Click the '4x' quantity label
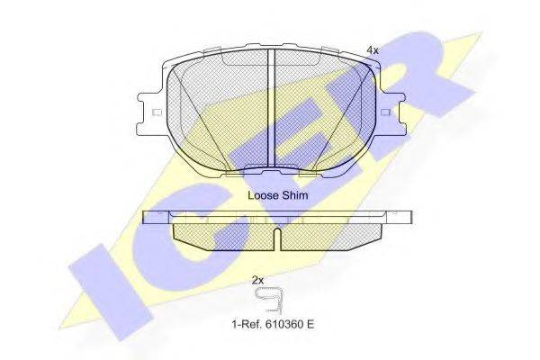pyautogui.click(x=372, y=50)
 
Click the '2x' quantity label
pyautogui.click(x=257, y=280)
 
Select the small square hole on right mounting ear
pyautogui.click(x=386, y=112)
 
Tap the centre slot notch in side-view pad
pyautogui.click(x=277, y=238)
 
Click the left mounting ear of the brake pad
pyautogui.click(x=155, y=112)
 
